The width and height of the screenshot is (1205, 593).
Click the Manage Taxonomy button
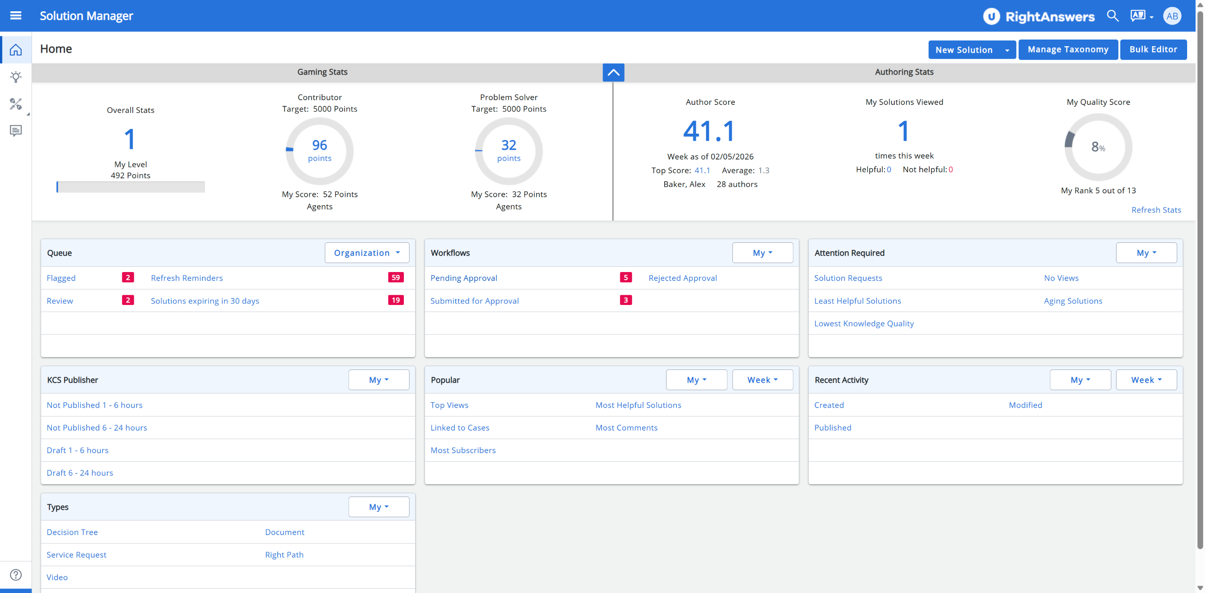coord(1068,49)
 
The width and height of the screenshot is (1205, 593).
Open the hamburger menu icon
coord(16,16)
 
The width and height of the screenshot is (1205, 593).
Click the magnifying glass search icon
coord(1113,16)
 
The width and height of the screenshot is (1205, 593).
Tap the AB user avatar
coord(1172,16)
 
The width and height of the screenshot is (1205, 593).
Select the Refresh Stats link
coord(1156,210)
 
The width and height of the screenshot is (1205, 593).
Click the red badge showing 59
coord(396,278)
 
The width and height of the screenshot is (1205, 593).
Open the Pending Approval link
coord(464,278)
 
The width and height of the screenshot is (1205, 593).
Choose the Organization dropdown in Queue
coord(367,253)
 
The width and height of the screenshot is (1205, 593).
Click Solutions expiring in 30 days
coord(205,301)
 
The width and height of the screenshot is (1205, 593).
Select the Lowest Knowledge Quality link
coord(864,323)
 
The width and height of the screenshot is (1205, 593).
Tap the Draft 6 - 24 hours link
coord(80,473)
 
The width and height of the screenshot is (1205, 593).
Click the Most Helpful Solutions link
coord(638,405)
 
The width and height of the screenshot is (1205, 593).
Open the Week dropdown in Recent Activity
coord(1146,380)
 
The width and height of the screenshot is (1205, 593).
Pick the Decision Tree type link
coord(72,532)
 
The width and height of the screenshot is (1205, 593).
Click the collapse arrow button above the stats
coord(613,72)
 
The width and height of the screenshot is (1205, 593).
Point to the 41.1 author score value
coord(709,131)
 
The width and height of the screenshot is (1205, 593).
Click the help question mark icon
coord(16,575)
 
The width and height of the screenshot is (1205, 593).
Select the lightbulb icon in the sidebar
coord(16,77)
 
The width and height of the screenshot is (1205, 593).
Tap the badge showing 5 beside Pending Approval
coord(626,278)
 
